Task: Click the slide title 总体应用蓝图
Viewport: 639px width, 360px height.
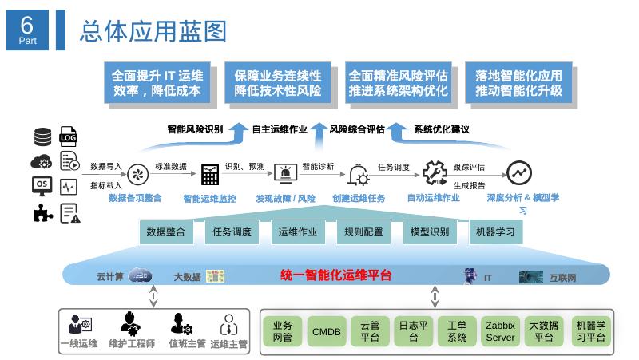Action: point(153,30)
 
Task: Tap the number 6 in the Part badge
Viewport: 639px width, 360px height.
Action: point(27,22)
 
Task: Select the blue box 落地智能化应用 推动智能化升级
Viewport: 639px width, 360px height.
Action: point(518,83)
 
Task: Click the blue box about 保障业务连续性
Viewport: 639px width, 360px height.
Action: point(277,83)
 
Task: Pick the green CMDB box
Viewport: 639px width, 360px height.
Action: point(326,331)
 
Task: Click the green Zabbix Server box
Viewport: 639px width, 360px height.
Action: point(501,331)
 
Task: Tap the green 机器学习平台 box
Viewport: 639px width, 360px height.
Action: point(590,331)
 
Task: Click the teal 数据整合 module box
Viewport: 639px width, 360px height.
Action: point(166,232)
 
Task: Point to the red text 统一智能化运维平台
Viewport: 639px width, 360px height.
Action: point(336,275)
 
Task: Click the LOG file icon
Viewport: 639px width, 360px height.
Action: point(69,136)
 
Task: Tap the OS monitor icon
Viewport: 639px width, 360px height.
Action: point(42,186)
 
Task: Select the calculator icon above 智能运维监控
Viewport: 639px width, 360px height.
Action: point(210,173)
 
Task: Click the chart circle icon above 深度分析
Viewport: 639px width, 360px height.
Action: point(519,172)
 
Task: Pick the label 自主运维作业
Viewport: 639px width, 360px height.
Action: point(280,129)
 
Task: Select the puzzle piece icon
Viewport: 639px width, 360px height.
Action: point(42,212)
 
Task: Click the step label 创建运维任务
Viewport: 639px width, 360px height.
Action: point(359,198)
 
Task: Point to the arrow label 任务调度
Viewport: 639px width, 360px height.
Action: point(393,167)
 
